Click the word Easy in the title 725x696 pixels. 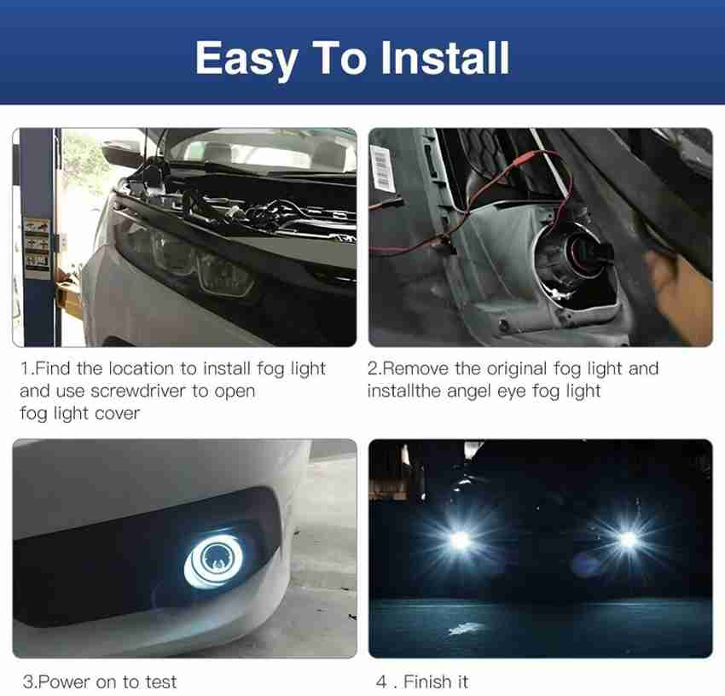[246, 59]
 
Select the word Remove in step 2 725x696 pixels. [415, 368]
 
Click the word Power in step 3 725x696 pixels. [64, 681]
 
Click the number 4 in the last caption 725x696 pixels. [381, 681]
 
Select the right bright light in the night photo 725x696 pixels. [628, 538]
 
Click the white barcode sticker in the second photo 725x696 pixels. [382, 167]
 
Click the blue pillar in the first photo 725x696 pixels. [38, 237]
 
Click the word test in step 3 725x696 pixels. [160, 681]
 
